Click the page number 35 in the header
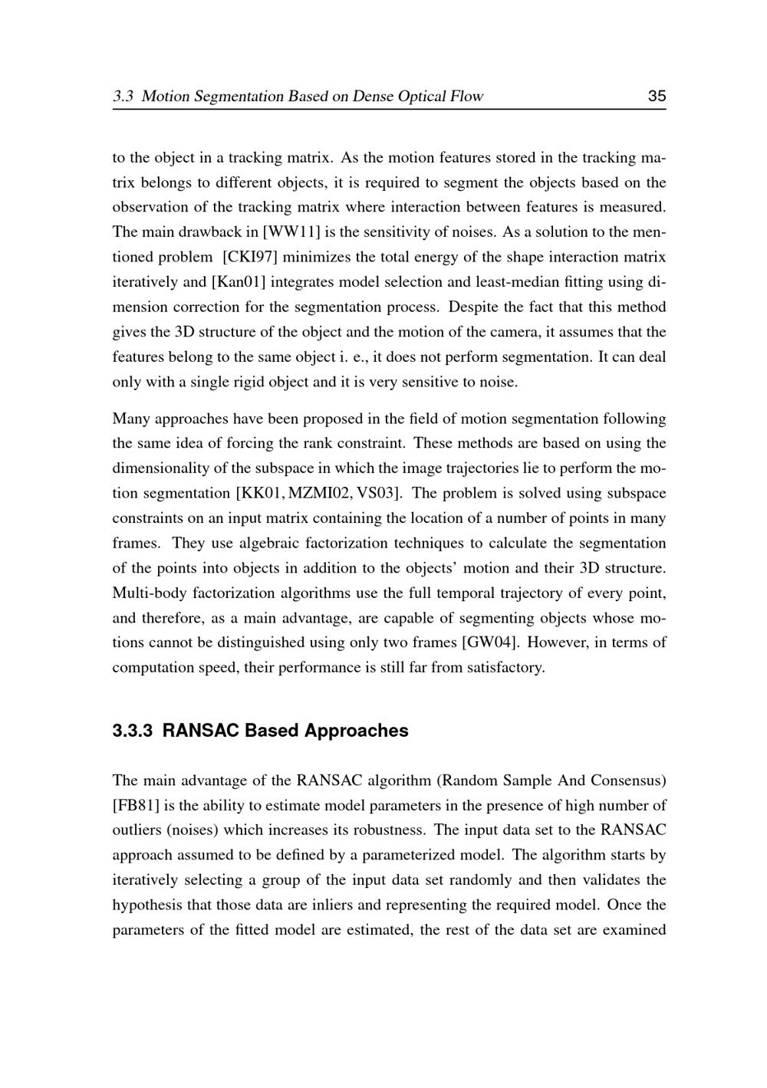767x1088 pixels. [657, 97]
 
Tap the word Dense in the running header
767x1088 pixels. [373, 97]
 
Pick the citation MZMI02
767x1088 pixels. [321, 493]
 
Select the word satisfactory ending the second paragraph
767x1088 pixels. [505, 667]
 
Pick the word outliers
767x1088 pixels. [136, 830]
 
